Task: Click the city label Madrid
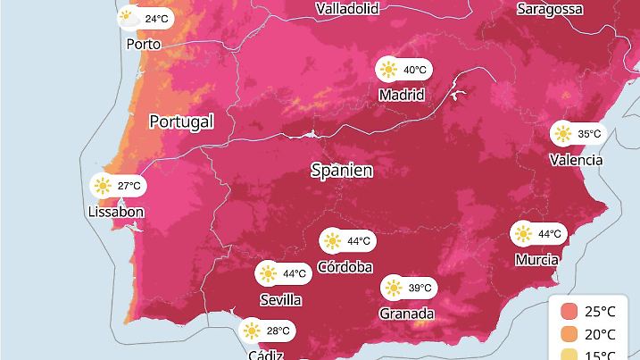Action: click(x=401, y=95)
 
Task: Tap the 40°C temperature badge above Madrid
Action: click(x=404, y=70)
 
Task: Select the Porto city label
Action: click(x=144, y=44)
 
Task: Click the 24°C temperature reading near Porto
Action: click(x=144, y=18)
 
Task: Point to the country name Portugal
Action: click(x=181, y=121)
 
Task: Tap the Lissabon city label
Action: click(x=116, y=213)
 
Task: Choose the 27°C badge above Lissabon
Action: click(x=117, y=187)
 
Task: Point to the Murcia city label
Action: click(x=537, y=260)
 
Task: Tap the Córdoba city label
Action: click(x=345, y=266)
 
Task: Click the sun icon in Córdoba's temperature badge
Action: click(x=333, y=241)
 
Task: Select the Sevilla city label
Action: click(x=279, y=299)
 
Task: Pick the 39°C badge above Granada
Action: click(x=408, y=288)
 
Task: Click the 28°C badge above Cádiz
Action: click(x=267, y=331)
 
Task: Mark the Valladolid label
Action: click(x=347, y=9)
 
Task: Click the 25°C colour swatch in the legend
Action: click(x=569, y=312)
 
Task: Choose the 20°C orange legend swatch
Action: click(x=569, y=335)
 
